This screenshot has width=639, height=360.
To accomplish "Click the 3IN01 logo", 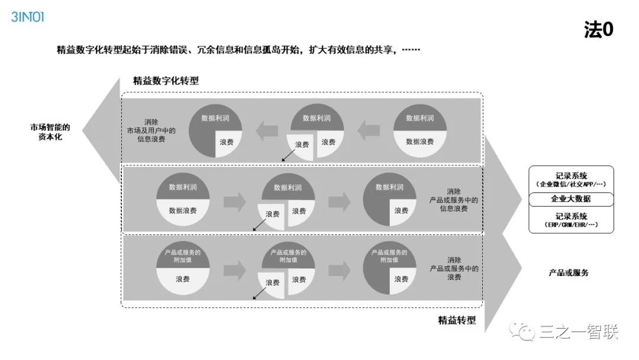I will [x=28, y=17].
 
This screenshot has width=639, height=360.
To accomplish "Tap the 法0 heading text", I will [x=599, y=30].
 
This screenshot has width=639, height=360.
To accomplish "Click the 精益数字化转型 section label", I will [x=166, y=81].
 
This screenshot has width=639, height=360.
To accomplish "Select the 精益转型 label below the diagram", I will [x=457, y=320].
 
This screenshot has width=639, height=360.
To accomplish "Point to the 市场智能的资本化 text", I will [x=50, y=131].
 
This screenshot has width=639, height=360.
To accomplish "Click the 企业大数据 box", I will [x=571, y=199].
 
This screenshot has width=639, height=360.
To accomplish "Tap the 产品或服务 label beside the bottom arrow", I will [x=569, y=272].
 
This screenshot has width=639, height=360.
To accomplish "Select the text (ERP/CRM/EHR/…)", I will [x=571, y=225].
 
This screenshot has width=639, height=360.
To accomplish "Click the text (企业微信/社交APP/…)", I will [x=571, y=184].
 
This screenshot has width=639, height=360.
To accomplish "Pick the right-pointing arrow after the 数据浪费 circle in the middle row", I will [x=234, y=202].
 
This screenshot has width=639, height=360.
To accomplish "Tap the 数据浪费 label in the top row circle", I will [x=419, y=142].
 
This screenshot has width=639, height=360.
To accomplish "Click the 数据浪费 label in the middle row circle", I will [x=183, y=210].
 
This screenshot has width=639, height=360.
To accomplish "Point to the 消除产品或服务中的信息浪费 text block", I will [x=454, y=200].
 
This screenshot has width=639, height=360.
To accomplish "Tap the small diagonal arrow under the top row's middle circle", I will [x=288, y=155].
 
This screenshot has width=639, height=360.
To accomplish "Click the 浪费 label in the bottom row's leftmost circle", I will [x=183, y=279].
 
